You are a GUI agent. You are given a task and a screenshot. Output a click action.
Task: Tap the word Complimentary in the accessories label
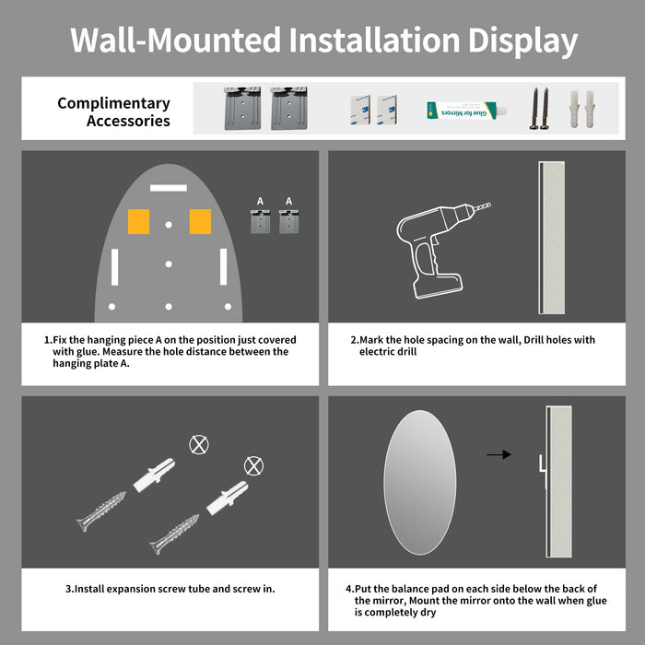(x=113, y=103)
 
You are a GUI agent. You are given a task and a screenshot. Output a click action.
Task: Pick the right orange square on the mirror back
(x=200, y=221)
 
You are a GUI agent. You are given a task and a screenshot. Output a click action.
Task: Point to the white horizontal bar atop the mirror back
(x=169, y=187)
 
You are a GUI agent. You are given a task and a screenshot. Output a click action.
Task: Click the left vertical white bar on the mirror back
(x=112, y=266)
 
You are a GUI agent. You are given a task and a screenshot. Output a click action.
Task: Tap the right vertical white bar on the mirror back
(x=223, y=266)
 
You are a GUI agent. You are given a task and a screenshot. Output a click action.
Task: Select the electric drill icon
(x=438, y=249)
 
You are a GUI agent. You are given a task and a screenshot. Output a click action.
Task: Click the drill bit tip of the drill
(x=488, y=205)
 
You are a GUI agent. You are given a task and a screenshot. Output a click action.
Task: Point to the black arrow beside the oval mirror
(x=498, y=454)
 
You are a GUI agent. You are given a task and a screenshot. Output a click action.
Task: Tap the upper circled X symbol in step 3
(x=197, y=445)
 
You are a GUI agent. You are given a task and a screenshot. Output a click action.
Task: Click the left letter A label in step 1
(x=261, y=201)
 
